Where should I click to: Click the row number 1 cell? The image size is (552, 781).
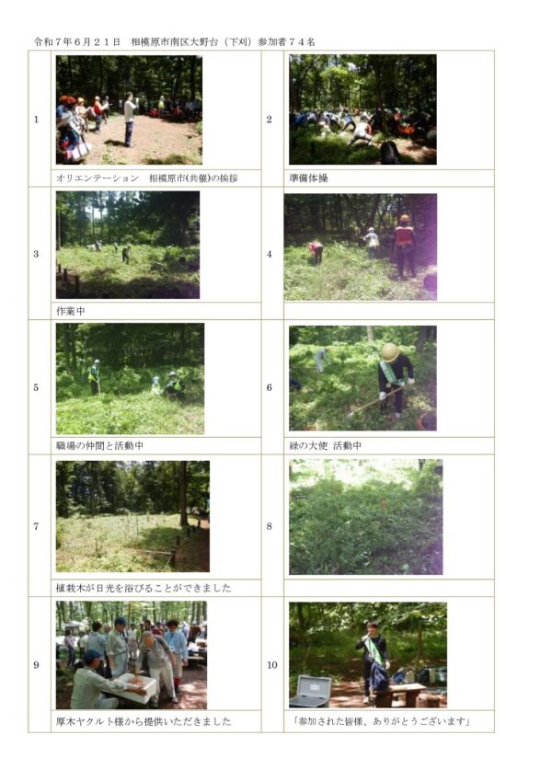click(36, 120)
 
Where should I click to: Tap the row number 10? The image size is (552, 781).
click(272, 665)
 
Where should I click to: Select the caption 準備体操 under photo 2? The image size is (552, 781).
click(308, 178)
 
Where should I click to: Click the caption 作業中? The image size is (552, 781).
click(71, 311)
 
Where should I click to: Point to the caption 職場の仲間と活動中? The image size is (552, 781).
click(99, 446)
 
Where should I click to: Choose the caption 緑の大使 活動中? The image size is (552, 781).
click(325, 446)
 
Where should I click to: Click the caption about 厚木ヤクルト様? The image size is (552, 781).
click(144, 721)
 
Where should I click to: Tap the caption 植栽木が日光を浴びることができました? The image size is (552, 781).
click(144, 588)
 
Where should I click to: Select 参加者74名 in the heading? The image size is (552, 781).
click(286, 42)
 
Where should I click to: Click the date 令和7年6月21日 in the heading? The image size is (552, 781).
click(77, 42)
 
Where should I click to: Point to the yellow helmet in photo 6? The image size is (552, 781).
click(390, 352)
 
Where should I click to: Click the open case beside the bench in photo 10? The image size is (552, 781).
click(309, 692)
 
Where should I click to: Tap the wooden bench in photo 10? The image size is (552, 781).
click(399, 694)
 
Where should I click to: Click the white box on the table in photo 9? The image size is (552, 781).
click(132, 687)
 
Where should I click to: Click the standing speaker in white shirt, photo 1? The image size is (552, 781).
click(130, 120)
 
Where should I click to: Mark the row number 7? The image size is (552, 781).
click(36, 526)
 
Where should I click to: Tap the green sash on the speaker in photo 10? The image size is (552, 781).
click(374, 649)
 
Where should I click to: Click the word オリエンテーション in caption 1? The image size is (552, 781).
click(98, 178)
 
